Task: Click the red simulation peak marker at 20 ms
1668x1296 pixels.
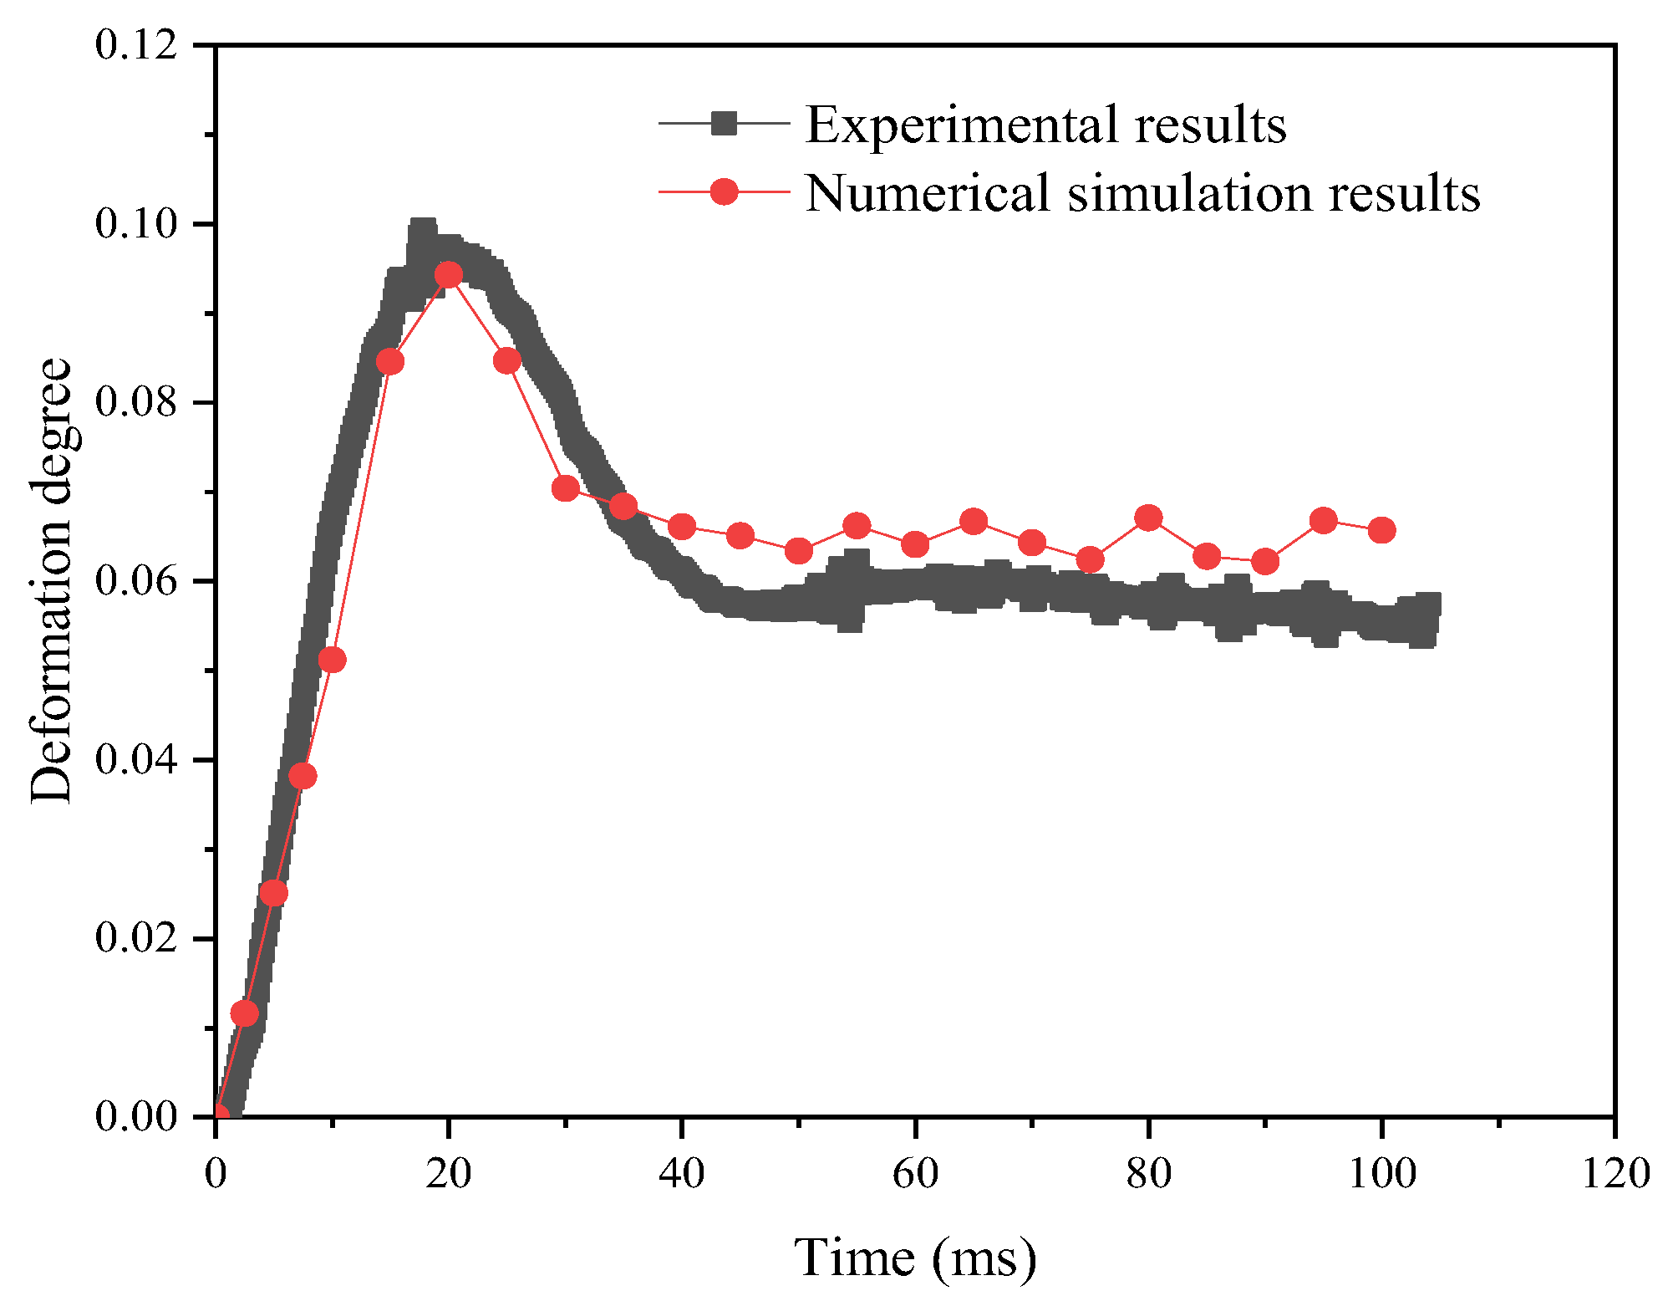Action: (449, 274)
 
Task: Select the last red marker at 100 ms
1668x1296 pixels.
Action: (1381, 530)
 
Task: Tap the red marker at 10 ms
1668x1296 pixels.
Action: (333, 660)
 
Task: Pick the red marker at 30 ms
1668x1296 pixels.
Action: (566, 488)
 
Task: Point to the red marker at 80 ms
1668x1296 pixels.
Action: (1148, 518)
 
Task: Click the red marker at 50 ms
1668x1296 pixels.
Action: (799, 551)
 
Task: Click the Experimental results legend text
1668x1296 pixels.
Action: (1045, 125)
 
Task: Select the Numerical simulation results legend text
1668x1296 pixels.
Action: (1142, 193)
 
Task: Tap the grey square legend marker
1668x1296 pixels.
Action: (724, 123)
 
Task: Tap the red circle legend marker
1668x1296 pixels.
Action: (724, 191)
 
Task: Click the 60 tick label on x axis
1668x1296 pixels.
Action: (915, 1173)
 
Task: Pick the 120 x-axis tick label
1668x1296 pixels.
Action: (1615, 1173)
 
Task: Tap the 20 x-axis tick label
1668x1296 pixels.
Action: (449, 1173)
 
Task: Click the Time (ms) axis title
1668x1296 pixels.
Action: (915, 1258)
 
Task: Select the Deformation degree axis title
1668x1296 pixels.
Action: (52, 580)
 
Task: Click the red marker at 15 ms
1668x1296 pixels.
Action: (390, 361)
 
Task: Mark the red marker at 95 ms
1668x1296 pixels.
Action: (1323, 520)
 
